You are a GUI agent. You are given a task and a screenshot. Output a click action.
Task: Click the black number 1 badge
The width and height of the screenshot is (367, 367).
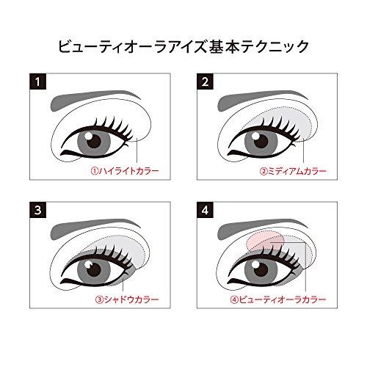click(34, 81)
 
